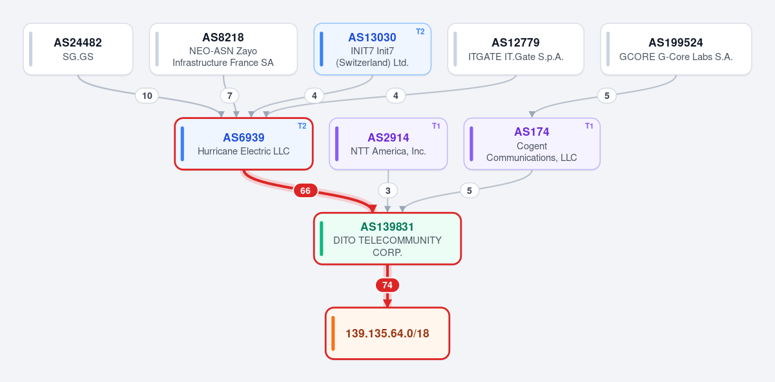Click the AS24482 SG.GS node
click(x=78, y=49)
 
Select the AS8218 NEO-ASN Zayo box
click(x=223, y=49)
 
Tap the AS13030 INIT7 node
click(x=372, y=49)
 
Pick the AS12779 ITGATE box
click(x=515, y=49)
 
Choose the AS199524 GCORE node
click(x=676, y=49)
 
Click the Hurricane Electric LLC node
click(x=243, y=143)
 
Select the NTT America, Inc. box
click(x=388, y=143)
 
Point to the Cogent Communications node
click(x=532, y=143)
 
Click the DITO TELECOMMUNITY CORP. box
click(x=387, y=239)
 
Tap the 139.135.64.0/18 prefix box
click(x=387, y=333)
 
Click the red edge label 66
click(x=305, y=191)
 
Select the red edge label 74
click(x=387, y=285)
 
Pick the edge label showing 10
click(x=147, y=96)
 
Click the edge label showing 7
click(x=229, y=96)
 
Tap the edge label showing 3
click(x=388, y=191)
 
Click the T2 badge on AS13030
click(x=420, y=32)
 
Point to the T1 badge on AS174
click(x=589, y=126)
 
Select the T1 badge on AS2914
click(x=436, y=126)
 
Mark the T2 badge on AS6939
click(x=302, y=126)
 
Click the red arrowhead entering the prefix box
click(x=387, y=303)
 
